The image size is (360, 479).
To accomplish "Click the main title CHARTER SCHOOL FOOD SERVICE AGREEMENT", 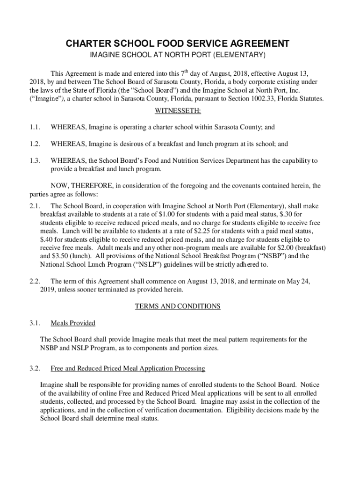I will point(177,44).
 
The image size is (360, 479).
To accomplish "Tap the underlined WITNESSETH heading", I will point(177,111).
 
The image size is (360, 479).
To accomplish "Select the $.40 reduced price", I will point(47,239).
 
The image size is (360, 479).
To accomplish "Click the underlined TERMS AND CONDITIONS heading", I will point(177,306).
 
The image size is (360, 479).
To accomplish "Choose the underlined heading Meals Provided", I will point(72,323).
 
